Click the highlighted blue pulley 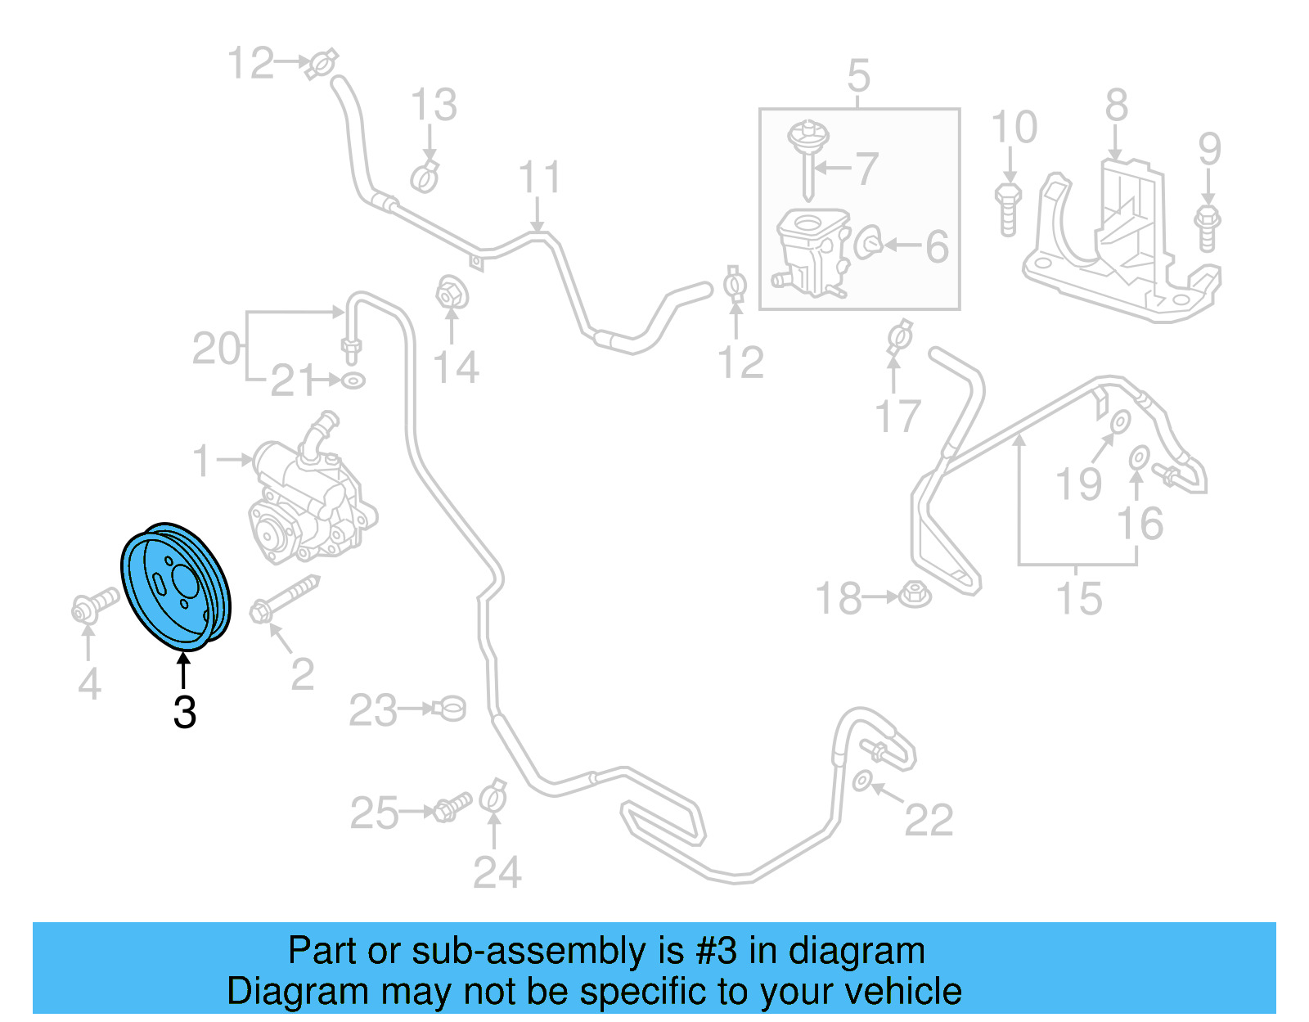175,586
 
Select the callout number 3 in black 185,713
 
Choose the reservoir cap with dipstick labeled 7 808,155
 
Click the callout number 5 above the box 858,76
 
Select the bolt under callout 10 1008,209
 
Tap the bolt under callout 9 1208,228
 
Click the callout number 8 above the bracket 1117,106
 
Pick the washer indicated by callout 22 861,781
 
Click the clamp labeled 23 449,708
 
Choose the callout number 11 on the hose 540,178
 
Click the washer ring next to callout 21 353,380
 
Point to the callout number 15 1079,598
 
